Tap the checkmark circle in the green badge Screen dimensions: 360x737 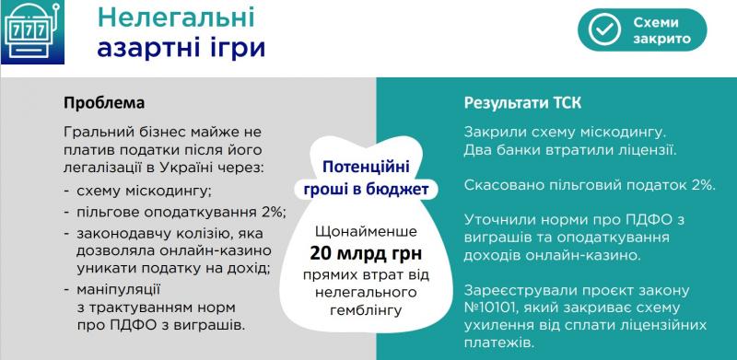coord(603,30)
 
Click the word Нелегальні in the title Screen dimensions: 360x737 coord(162,17)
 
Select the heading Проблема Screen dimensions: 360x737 coord(104,100)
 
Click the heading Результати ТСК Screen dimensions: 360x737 coord(523,100)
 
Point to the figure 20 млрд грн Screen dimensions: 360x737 coord(368,255)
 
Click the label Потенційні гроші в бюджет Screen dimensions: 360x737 coord(367,179)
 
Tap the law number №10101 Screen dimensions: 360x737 coord(498,307)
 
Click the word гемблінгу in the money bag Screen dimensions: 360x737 coord(368,311)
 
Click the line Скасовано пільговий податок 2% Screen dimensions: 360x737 coord(590,185)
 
